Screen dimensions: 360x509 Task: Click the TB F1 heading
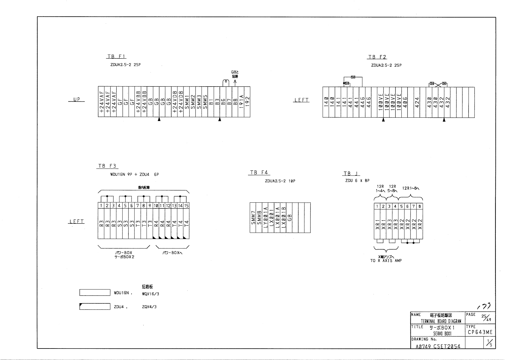point(116,57)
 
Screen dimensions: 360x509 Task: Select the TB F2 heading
point(377,57)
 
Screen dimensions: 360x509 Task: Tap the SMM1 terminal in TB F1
point(186,102)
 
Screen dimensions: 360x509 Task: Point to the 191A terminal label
point(241,102)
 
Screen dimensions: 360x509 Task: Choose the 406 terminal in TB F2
point(405,102)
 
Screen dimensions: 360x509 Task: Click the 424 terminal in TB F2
point(417,102)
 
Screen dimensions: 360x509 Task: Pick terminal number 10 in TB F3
point(156,206)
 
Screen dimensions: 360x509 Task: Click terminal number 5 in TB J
point(401,206)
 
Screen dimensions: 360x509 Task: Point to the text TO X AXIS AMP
point(386,260)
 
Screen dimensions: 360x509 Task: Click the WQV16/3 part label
point(150,293)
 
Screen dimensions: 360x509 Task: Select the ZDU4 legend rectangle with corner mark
point(95,306)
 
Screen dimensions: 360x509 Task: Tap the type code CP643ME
point(480,332)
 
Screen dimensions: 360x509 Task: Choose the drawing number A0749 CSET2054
point(438,347)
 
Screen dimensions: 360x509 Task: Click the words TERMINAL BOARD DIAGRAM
point(441,321)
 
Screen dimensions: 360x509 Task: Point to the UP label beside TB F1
point(76,100)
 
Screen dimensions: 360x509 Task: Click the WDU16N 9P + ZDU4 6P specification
point(134,174)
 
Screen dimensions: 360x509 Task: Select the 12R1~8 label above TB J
point(411,188)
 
